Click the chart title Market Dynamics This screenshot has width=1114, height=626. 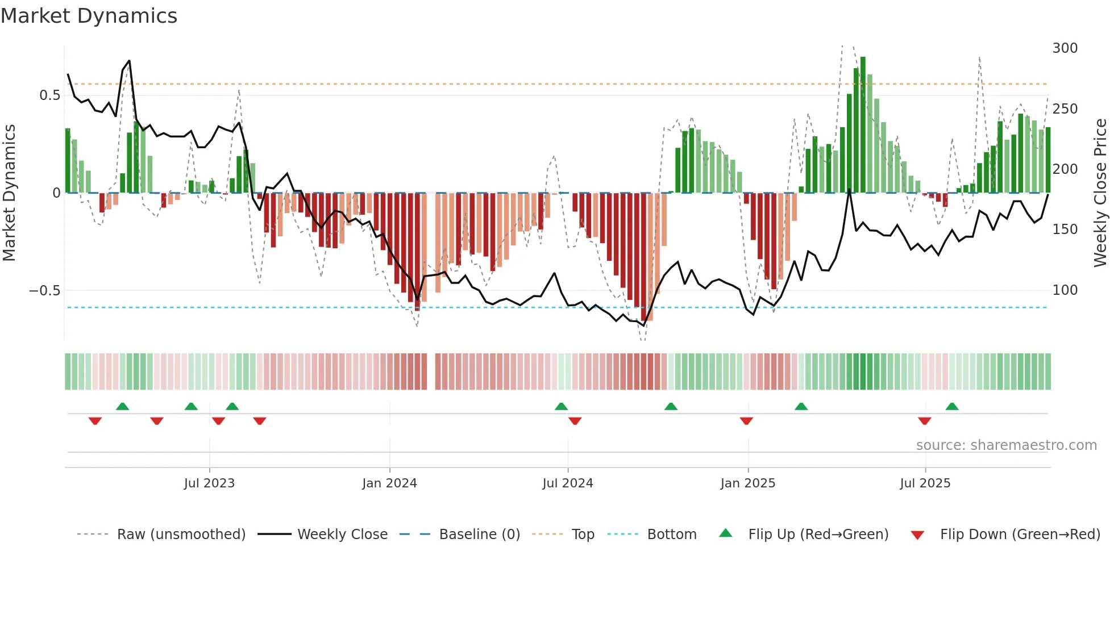[89, 16]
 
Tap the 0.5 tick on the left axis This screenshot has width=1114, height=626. [49, 95]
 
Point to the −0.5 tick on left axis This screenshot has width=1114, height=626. [44, 290]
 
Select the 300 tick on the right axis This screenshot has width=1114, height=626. [1065, 48]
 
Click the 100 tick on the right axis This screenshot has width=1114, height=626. [1065, 290]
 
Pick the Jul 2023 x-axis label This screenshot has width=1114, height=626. [209, 483]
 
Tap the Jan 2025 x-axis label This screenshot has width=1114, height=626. [747, 483]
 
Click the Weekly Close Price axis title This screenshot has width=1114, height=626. [1100, 193]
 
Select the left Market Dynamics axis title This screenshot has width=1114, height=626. [9, 193]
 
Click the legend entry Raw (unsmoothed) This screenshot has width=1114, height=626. [181, 535]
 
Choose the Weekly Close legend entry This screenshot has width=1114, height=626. [342, 535]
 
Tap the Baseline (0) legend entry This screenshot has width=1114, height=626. [479, 535]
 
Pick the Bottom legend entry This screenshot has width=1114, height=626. [671, 535]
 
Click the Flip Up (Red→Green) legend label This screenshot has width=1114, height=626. [818, 535]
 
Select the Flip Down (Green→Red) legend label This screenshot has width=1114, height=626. [1020, 535]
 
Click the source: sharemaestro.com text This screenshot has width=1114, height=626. [1006, 445]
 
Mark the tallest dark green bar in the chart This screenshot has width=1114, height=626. [863, 125]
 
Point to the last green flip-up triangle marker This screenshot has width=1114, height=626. [952, 406]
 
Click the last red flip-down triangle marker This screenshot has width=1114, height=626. [924, 421]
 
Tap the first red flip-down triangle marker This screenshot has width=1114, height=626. [95, 421]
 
